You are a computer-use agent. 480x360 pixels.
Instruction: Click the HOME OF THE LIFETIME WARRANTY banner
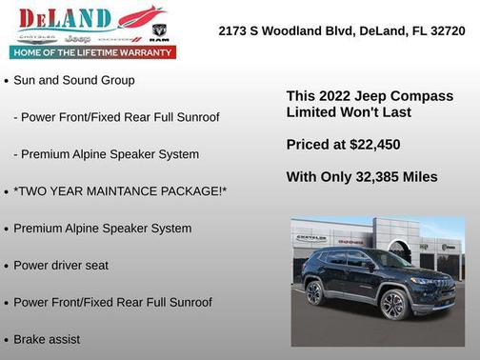pos(93,52)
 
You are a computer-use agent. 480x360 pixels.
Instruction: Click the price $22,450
pos(369,145)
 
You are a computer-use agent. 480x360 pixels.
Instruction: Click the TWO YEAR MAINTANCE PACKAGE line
pos(120,191)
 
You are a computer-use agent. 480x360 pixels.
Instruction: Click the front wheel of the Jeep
pos(392,304)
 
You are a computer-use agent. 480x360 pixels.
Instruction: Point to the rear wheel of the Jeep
pos(314,292)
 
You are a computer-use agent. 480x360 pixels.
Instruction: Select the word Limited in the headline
pos(312,112)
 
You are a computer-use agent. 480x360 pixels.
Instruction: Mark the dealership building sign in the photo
pos(310,237)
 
